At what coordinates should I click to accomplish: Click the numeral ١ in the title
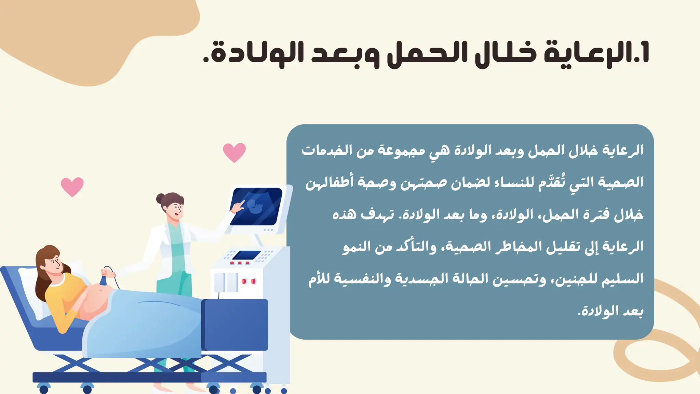[645, 53]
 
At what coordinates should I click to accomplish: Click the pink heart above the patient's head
[72, 186]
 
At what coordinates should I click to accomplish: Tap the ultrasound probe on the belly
[104, 279]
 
